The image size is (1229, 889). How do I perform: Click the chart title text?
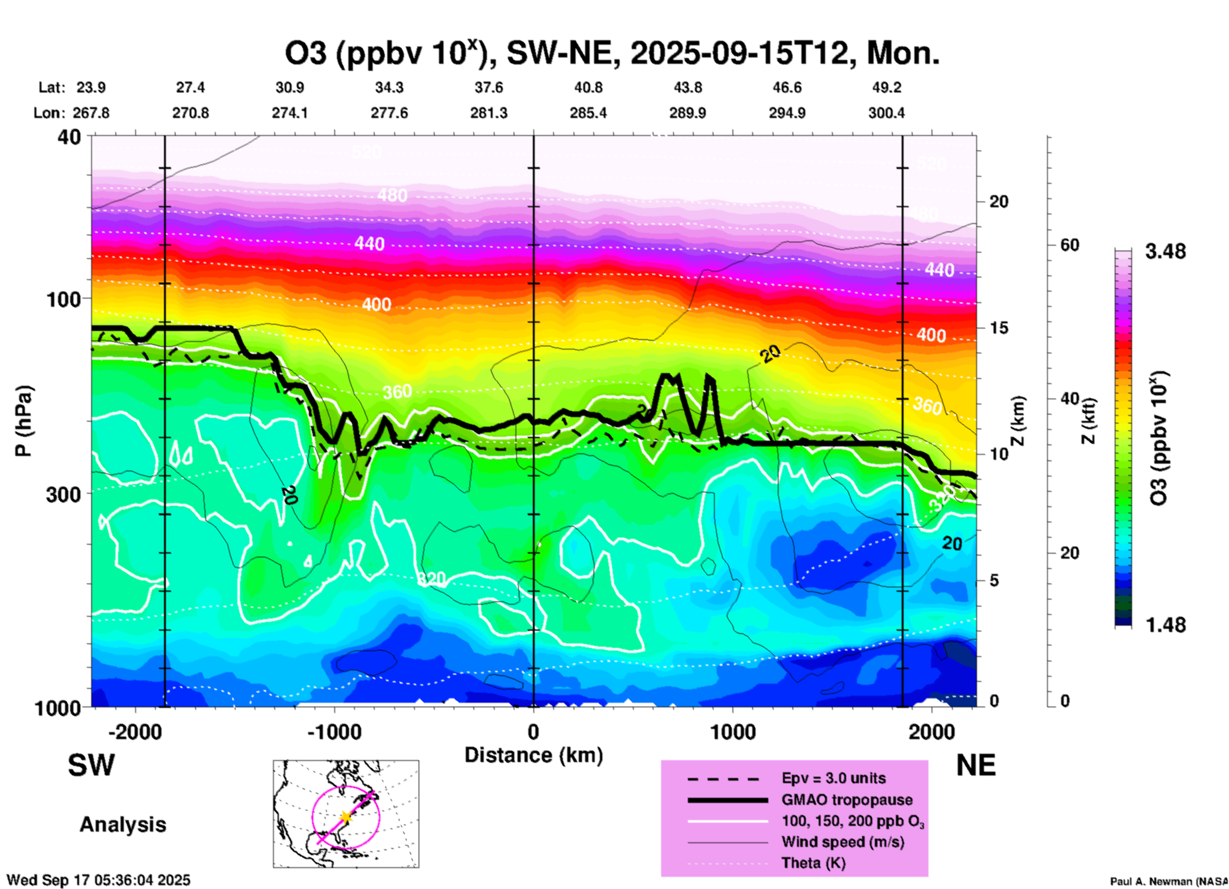pyautogui.click(x=611, y=54)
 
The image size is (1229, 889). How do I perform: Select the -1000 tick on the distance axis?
pyautogui.click(x=334, y=731)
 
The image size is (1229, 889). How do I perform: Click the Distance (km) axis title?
pyautogui.click(x=533, y=755)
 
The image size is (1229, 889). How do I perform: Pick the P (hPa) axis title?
pyautogui.click(x=24, y=421)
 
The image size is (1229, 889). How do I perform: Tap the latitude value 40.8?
pyautogui.click(x=588, y=88)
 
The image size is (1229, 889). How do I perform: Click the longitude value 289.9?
pyautogui.click(x=687, y=114)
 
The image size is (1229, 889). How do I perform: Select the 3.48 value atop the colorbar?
pyautogui.click(x=1165, y=252)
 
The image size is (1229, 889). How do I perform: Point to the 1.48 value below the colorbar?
pyautogui.click(x=1165, y=625)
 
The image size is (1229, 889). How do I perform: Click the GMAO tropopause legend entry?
pyautogui.click(x=847, y=800)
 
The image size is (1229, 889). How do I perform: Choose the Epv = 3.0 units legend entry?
pyautogui.click(x=833, y=779)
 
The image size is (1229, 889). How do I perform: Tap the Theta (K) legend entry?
pyautogui.click(x=813, y=863)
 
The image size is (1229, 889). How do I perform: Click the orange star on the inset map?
pyautogui.click(x=346, y=816)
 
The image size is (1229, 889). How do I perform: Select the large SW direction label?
pyautogui.click(x=91, y=765)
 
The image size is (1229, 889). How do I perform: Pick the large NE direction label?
pyautogui.click(x=976, y=765)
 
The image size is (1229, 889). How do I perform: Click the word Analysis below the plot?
pyautogui.click(x=123, y=825)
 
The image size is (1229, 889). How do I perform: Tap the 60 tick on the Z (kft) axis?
pyautogui.click(x=1069, y=246)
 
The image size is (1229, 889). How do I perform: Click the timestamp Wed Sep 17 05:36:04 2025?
pyautogui.click(x=98, y=880)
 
